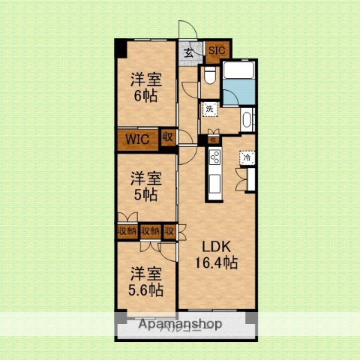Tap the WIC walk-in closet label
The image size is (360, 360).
click(136, 139)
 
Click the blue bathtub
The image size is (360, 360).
click(241, 74)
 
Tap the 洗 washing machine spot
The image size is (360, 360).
click(210, 108)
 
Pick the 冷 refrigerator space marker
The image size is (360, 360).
click(246, 157)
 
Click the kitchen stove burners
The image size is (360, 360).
click(214, 157)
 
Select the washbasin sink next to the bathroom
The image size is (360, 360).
click(247, 120)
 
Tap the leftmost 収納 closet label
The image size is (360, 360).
click(126, 231)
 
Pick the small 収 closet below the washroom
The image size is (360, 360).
click(213, 139)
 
